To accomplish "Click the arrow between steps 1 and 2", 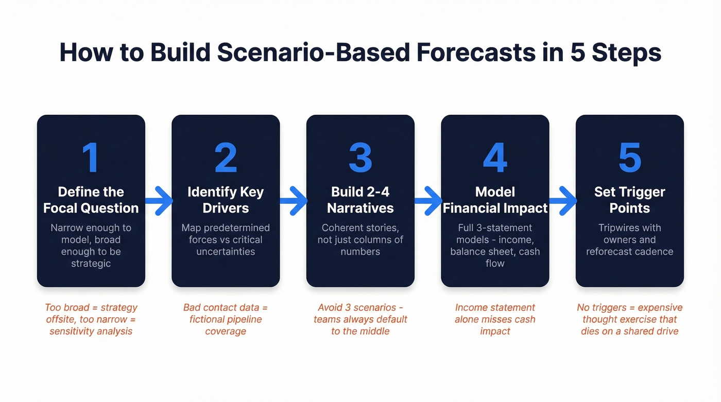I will pyautogui.click(x=159, y=200).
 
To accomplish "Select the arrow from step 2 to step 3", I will pyautogui.click(x=294, y=200).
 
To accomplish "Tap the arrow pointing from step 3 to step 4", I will pyautogui.click(x=428, y=200).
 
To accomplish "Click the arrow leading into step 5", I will pyautogui.click(x=563, y=200).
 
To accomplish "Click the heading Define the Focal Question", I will pyautogui.click(x=91, y=200).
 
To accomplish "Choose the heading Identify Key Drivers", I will pyautogui.click(x=226, y=200).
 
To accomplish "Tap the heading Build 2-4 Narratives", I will pyautogui.click(x=360, y=200).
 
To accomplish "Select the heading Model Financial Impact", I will pyautogui.click(x=495, y=200).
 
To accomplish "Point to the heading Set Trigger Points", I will pyautogui.click(x=629, y=200).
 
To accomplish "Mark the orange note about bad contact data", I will pyautogui.click(x=226, y=319).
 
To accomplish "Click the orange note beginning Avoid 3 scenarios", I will pyautogui.click(x=360, y=319).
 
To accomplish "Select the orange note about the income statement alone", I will pyautogui.click(x=495, y=319).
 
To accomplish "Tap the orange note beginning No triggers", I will pyautogui.click(x=629, y=319).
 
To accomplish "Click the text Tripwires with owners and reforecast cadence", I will pyautogui.click(x=629, y=239).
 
